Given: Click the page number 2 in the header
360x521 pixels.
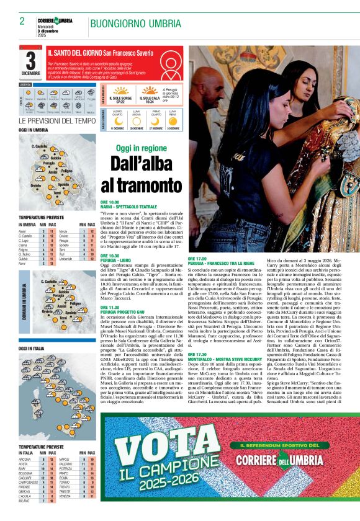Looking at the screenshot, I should [22, 20].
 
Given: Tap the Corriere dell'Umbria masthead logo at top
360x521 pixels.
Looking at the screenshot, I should [55, 21].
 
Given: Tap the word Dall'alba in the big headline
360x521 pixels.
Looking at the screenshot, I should [141, 164].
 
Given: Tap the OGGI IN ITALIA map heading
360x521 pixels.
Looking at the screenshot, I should [32, 349].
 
